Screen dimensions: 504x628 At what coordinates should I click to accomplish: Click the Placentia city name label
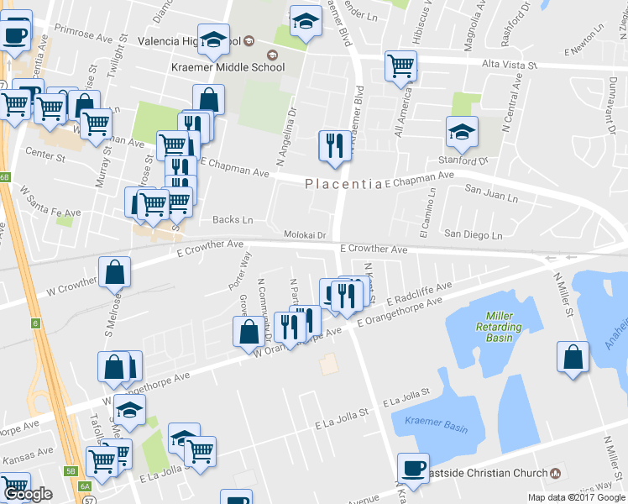click(343, 184)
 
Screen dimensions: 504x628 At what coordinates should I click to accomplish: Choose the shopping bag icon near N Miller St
click(573, 356)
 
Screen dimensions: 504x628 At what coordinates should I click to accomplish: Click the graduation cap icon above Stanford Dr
click(461, 131)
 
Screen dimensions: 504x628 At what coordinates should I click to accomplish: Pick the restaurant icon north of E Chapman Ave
click(334, 145)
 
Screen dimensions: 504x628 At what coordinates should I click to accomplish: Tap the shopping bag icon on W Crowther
click(114, 272)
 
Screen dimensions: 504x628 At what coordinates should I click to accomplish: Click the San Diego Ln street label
click(473, 234)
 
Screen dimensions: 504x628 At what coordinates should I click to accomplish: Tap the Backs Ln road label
click(233, 219)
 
